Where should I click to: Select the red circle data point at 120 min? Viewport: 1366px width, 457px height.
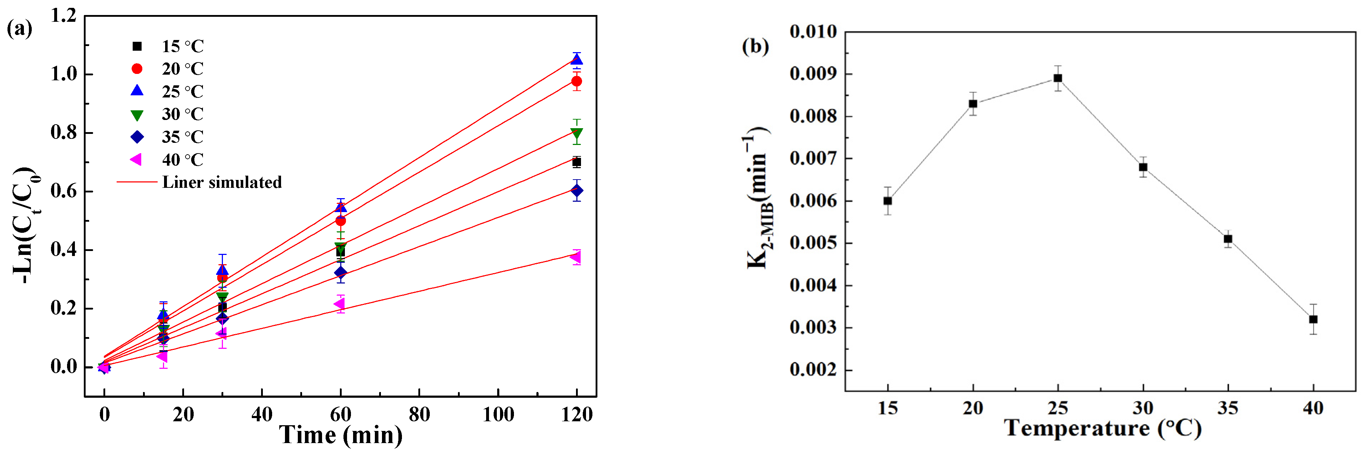coord(576,81)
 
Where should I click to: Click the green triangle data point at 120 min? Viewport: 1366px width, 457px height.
coord(576,133)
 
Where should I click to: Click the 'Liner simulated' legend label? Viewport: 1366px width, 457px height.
coord(221,182)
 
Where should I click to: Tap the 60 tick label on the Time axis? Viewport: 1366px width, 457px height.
coord(341,414)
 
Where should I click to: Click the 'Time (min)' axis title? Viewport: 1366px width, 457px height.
coord(341,435)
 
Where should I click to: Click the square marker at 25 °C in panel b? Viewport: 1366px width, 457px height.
coord(1057,78)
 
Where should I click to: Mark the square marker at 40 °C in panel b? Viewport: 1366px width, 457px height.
coord(1313,319)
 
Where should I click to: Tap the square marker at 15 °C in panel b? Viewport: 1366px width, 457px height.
coord(887,201)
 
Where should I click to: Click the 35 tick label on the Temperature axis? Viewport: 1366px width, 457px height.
coord(1228,408)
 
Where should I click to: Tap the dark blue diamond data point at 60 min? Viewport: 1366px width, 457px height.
coord(341,272)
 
